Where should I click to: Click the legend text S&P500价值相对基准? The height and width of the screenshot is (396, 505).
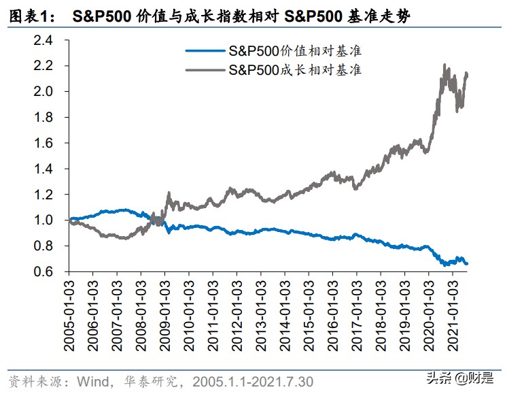tap(295, 51)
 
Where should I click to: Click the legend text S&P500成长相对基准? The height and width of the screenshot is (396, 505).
tap(295, 69)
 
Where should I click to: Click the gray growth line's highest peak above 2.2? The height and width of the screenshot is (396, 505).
tap(444, 65)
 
